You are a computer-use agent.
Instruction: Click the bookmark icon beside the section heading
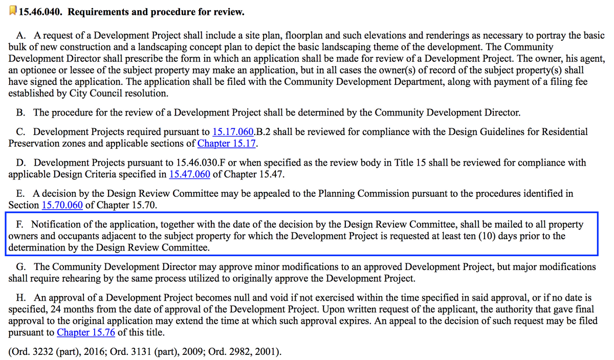click(x=13, y=11)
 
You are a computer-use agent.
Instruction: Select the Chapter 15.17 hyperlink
click(x=227, y=143)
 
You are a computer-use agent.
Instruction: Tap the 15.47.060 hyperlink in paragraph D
click(x=189, y=174)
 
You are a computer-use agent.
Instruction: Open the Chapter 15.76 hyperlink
click(x=85, y=332)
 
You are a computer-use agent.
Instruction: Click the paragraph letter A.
click(x=21, y=36)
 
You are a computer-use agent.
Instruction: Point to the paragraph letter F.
click(x=20, y=224)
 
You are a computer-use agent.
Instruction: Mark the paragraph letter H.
click(x=21, y=298)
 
